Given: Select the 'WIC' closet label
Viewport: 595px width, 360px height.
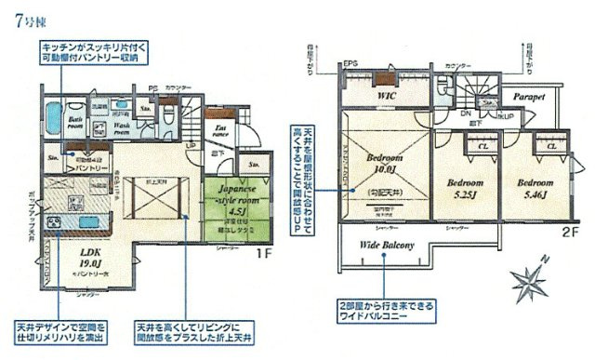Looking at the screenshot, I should pyautogui.click(x=388, y=96).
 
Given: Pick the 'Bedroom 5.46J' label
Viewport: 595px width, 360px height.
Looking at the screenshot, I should pyautogui.click(x=536, y=190).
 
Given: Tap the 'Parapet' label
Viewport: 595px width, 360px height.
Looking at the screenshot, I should pyautogui.click(x=526, y=96).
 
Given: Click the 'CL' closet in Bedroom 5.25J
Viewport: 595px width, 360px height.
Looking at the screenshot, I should pyautogui.click(x=483, y=145).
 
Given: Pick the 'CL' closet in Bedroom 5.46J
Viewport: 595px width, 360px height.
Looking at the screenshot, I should pyautogui.click(x=550, y=145).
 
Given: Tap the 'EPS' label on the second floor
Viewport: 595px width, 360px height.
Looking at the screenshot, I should pyautogui.click(x=350, y=64).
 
